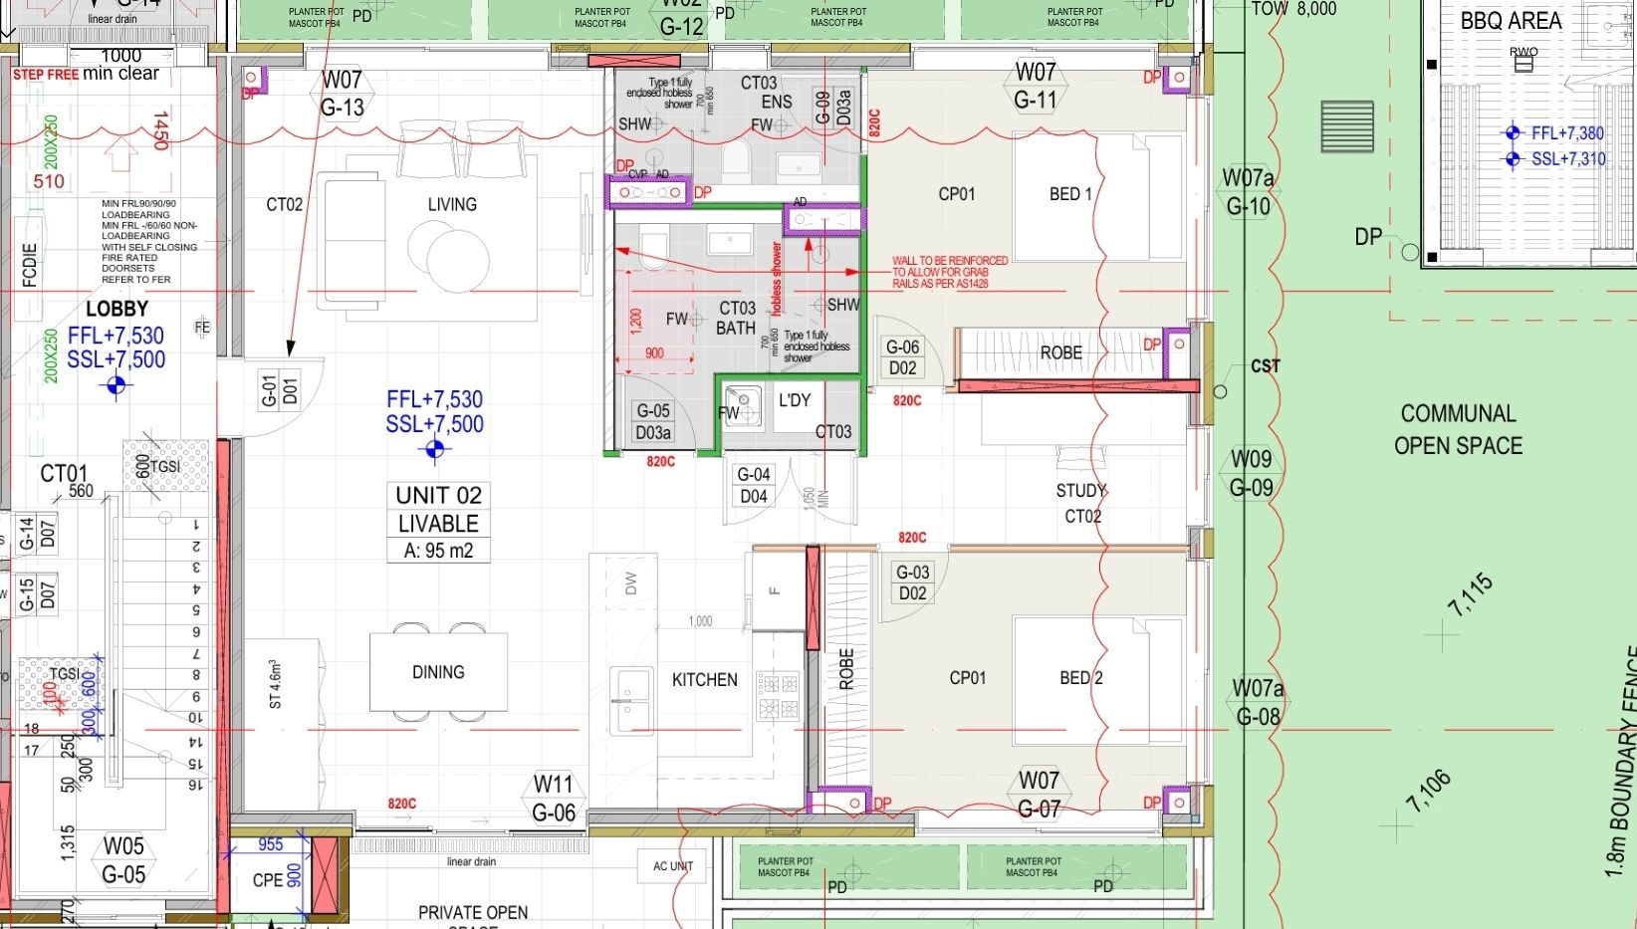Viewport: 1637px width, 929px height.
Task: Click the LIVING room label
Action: [x=452, y=204]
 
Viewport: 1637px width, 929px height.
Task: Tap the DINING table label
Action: [x=438, y=672]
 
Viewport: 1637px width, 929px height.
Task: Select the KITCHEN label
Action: [x=704, y=680]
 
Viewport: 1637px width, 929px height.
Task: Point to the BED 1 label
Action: [x=1070, y=194]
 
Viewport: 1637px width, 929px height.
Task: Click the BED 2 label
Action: [x=1080, y=678]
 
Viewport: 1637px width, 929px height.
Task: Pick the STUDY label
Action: [x=1080, y=491]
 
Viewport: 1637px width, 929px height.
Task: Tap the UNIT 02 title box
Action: [x=438, y=496]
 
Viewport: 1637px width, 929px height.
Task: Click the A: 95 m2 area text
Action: [x=438, y=551]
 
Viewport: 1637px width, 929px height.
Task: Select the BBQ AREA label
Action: [x=1511, y=21]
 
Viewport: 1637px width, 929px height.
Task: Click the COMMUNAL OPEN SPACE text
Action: [x=1458, y=429]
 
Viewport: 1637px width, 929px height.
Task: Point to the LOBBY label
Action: [x=117, y=310]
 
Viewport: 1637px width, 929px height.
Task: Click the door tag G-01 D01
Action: [x=280, y=391]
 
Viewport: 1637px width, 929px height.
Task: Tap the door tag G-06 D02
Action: [x=903, y=357]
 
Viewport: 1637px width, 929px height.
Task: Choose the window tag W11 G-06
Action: [x=554, y=799]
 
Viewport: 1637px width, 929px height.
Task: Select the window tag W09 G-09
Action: [x=1251, y=473]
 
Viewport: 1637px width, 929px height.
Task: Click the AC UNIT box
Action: [x=673, y=866]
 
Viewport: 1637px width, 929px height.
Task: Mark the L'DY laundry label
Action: [x=795, y=400]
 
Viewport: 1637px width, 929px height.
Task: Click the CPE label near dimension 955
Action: [x=267, y=880]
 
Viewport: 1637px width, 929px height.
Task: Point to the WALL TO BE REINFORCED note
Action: [x=949, y=272]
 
